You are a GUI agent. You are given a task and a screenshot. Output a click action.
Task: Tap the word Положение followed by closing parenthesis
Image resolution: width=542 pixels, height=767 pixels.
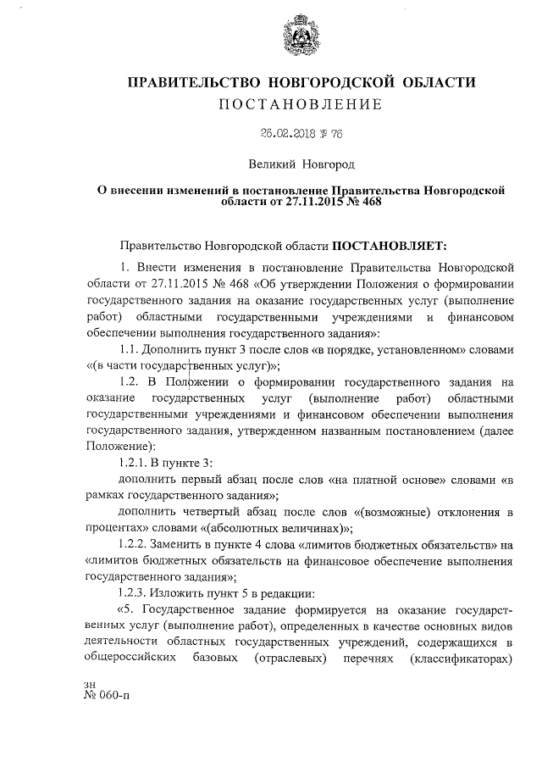pos(119,446)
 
